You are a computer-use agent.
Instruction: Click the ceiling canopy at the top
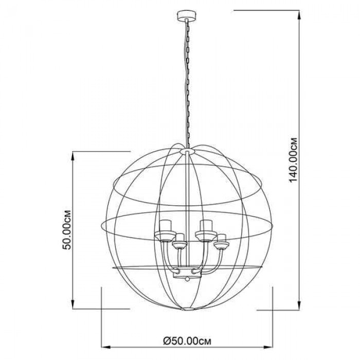tap(186, 15)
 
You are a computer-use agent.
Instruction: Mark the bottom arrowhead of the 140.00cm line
tap(299, 304)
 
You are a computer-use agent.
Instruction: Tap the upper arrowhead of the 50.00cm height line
tap(73, 156)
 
